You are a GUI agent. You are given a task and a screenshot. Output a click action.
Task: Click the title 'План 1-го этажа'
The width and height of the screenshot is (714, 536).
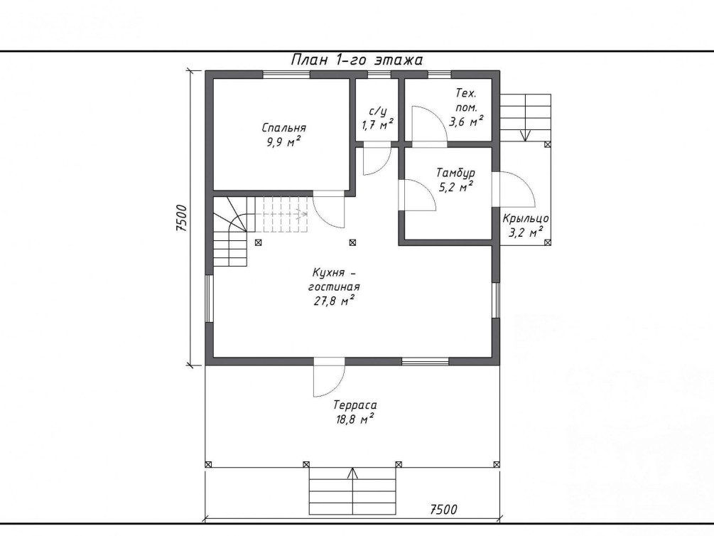(x=357, y=60)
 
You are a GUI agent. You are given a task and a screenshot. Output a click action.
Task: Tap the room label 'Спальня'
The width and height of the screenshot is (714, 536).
(x=283, y=128)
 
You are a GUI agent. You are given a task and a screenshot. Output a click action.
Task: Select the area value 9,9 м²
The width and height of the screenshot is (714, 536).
(x=283, y=142)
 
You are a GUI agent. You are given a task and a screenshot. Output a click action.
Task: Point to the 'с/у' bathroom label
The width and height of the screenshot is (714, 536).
(x=377, y=111)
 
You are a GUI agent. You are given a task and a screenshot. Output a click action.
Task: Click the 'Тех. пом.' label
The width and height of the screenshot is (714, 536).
(x=466, y=101)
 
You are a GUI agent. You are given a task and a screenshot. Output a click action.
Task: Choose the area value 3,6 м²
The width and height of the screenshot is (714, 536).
(x=466, y=122)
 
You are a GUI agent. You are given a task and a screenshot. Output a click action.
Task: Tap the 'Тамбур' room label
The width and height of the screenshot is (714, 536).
(x=455, y=173)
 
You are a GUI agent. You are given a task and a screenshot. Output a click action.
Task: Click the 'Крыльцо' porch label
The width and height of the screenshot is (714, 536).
(x=526, y=219)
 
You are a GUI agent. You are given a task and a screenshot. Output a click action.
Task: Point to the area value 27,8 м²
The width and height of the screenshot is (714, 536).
(x=334, y=301)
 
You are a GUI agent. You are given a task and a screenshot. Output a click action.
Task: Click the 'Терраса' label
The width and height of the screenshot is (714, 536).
(x=355, y=404)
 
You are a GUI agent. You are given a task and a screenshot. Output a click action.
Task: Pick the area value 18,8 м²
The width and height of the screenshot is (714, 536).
(x=355, y=419)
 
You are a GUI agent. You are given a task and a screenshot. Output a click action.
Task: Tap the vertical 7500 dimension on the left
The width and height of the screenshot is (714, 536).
(x=182, y=218)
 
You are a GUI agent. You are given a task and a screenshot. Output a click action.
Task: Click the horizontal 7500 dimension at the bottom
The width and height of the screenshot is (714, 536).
(x=443, y=509)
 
